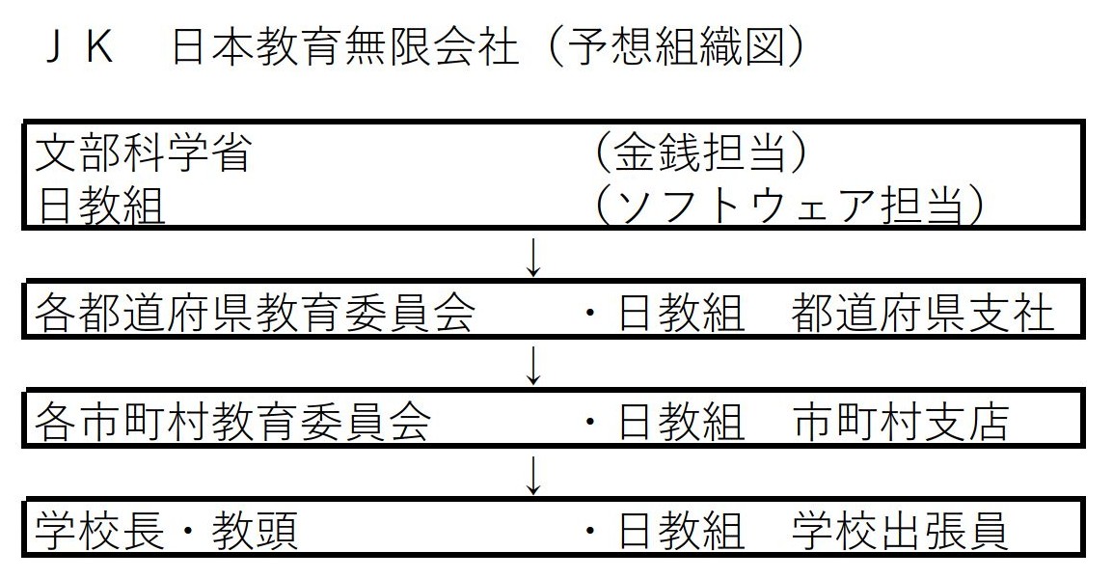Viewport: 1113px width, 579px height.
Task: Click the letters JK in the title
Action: [x=79, y=48]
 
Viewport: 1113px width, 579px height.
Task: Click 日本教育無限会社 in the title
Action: [x=345, y=48]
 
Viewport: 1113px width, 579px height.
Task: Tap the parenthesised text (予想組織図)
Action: [x=676, y=48]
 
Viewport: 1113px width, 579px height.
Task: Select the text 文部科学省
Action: [x=143, y=152]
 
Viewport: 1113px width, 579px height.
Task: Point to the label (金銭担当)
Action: [x=700, y=152]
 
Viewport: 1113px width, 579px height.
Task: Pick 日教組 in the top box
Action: [x=100, y=206]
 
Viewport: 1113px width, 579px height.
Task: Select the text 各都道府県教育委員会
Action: [x=255, y=312]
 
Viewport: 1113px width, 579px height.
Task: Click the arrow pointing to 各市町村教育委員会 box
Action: [x=533, y=365]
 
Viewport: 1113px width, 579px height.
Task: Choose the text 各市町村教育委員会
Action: [x=232, y=422]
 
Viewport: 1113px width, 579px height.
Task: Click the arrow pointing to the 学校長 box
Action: [x=533, y=475]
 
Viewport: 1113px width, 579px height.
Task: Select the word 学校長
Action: [x=99, y=532]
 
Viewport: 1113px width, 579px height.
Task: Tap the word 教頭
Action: [x=254, y=532]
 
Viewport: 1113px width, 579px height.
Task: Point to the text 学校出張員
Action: [x=899, y=532]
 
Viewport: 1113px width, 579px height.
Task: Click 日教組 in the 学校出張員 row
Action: [x=681, y=532]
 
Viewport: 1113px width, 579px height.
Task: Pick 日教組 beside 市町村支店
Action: [x=681, y=422]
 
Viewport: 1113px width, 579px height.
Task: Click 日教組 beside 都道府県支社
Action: [x=681, y=312]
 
